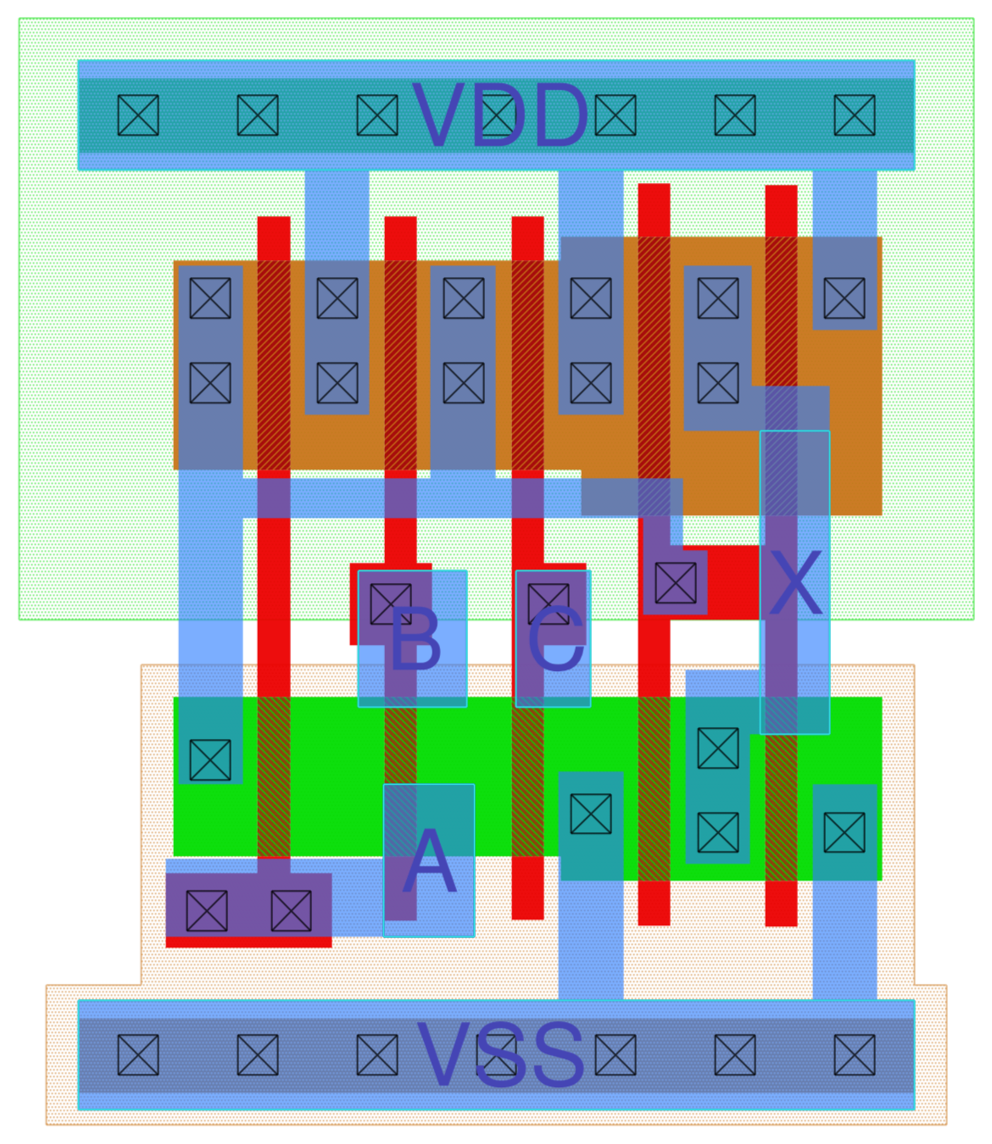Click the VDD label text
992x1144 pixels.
pyautogui.click(x=500, y=116)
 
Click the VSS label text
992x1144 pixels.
pyautogui.click(x=500, y=1055)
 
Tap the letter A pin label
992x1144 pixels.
pyautogui.click(x=429, y=863)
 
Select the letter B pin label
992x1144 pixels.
pyautogui.click(x=415, y=641)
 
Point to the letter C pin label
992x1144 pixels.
pyautogui.click(x=555, y=641)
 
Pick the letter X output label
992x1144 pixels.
pyautogui.click(x=794, y=583)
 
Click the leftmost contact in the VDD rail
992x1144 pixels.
pyautogui.click(x=138, y=115)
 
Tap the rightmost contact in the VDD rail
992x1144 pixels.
pyautogui.click(x=855, y=115)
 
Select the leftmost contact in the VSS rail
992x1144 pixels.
pyautogui.click(x=138, y=1055)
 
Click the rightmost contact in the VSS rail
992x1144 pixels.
pyautogui.click(x=855, y=1055)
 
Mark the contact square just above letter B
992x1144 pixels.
pyautogui.click(x=391, y=603)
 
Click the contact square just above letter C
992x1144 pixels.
pyautogui.click(x=549, y=603)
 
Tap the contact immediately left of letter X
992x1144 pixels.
pyautogui.click(x=676, y=583)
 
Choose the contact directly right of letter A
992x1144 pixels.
pyautogui.click(x=591, y=814)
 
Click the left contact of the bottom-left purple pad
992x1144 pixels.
pyautogui.click(x=207, y=910)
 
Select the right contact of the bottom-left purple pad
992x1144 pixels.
pyautogui.click(x=291, y=910)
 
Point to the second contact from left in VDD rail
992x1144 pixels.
pyautogui.click(x=258, y=115)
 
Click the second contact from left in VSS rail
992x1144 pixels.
pyautogui.click(x=258, y=1055)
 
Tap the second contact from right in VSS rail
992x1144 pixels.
pyautogui.click(x=735, y=1055)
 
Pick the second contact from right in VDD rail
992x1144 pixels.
pyautogui.click(x=735, y=115)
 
